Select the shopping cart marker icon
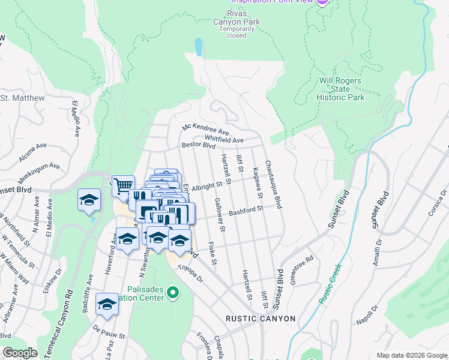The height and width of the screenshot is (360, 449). coord(123,185)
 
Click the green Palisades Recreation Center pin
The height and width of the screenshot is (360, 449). coord(173,293)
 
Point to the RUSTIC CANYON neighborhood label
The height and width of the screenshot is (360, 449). coord(261,319)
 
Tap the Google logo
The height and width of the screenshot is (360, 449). coord(20,353)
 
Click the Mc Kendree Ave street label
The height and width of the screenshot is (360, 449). coord(206,129)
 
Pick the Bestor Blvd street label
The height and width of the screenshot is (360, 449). coord(198,145)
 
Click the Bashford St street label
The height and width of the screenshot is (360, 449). coord(246,209)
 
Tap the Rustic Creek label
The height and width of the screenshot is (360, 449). coord(329,283)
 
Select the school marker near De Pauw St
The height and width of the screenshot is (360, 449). coord(107,305)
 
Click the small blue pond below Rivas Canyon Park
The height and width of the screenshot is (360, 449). coord(198,47)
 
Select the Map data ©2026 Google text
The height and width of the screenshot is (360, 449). coord(411,355)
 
